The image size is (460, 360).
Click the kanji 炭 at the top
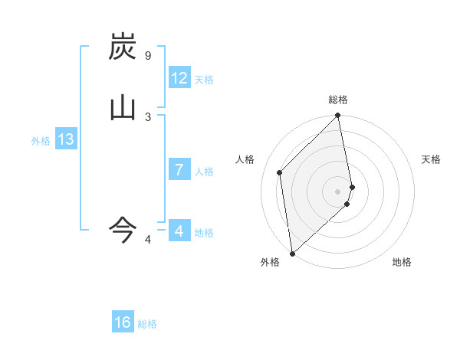tap(123, 47)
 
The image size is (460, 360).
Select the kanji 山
tap(123, 107)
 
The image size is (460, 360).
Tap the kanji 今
tap(123, 228)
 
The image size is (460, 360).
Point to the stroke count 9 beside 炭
tap(148, 56)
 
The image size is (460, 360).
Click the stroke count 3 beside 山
tap(148, 116)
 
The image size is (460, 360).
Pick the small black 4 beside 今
tap(148, 241)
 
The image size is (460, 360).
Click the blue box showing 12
tap(179, 78)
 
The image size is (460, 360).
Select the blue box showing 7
tap(179, 170)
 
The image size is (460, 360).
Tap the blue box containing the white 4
tap(179, 231)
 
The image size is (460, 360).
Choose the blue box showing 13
tap(66, 139)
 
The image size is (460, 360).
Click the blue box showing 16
tap(123, 322)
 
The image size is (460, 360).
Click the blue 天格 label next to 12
tap(204, 80)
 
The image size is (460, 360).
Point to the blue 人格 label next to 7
tap(204, 172)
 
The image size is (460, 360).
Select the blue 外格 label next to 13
tap(41, 141)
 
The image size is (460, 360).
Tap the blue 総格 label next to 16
tap(147, 324)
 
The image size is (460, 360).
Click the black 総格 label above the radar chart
tap(338, 100)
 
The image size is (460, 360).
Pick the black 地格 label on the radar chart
tap(402, 263)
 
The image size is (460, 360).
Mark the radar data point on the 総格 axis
tap(338, 116)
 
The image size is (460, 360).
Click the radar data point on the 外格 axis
tap(292, 253)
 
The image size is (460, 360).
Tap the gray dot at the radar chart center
tap(338, 191)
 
